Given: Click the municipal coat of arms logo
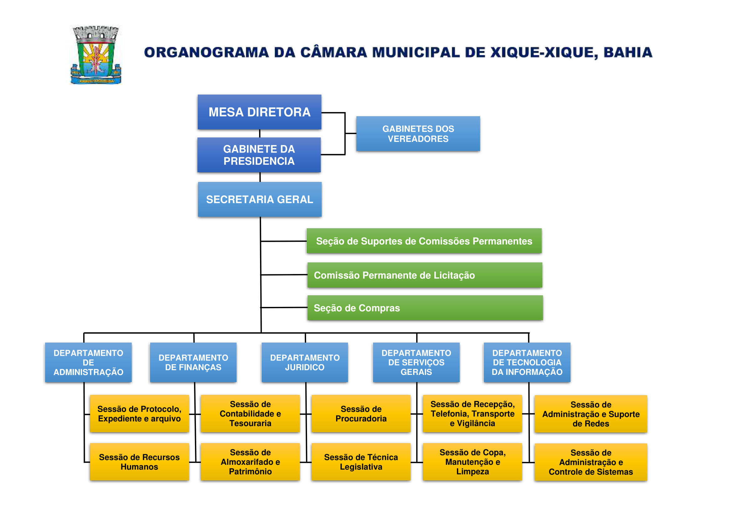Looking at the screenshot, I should point(96,55).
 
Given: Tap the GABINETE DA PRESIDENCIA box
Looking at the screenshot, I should point(259,155).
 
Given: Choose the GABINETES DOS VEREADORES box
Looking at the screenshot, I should point(418,134).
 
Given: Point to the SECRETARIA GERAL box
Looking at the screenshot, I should point(259,199).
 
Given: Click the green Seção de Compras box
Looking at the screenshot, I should point(425,308).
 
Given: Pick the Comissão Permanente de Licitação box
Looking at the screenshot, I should point(424,275).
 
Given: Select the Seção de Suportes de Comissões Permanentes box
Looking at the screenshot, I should point(424,241).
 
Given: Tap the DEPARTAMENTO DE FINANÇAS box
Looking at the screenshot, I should point(193,362).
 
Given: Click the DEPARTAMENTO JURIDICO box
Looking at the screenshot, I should point(305,362).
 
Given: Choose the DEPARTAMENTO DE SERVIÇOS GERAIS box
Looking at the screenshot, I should point(416,362).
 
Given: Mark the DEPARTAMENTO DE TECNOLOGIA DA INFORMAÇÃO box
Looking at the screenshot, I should point(527,362).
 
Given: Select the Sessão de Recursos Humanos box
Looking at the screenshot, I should point(139,462).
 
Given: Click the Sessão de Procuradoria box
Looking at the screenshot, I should point(361,413).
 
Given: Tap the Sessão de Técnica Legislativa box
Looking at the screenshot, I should point(361,462).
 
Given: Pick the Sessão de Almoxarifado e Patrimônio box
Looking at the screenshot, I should point(250,462).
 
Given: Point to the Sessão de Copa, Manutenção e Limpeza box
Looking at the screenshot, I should point(472,462).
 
